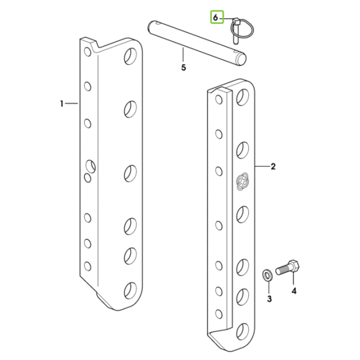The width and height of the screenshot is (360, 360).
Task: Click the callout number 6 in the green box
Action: click(x=215, y=17)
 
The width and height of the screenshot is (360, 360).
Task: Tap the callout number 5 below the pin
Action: click(x=184, y=68)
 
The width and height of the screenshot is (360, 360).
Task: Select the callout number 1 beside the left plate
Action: click(x=62, y=104)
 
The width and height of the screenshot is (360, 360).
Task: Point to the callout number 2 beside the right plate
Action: click(x=273, y=166)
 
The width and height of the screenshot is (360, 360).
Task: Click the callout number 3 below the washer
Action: click(x=269, y=299)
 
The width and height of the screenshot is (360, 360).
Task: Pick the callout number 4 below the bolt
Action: click(x=294, y=291)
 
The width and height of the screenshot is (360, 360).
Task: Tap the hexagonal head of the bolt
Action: click(x=293, y=266)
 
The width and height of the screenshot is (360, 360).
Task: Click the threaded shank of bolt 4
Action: click(x=282, y=269)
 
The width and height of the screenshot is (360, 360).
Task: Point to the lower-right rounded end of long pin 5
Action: click(x=241, y=59)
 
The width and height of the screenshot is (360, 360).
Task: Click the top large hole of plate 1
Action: click(x=130, y=56)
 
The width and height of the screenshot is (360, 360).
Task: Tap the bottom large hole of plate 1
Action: click(x=130, y=290)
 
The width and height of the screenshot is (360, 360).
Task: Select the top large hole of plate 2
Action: click(x=242, y=97)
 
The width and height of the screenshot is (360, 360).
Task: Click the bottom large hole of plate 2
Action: click(x=242, y=332)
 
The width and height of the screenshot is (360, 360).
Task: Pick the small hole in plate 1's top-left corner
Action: click(x=88, y=52)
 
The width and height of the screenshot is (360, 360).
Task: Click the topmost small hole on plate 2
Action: click(x=219, y=100)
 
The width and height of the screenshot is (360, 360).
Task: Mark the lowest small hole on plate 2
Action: click(x=219, y=314)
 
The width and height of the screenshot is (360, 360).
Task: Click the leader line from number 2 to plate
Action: click(x=262, y=166)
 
